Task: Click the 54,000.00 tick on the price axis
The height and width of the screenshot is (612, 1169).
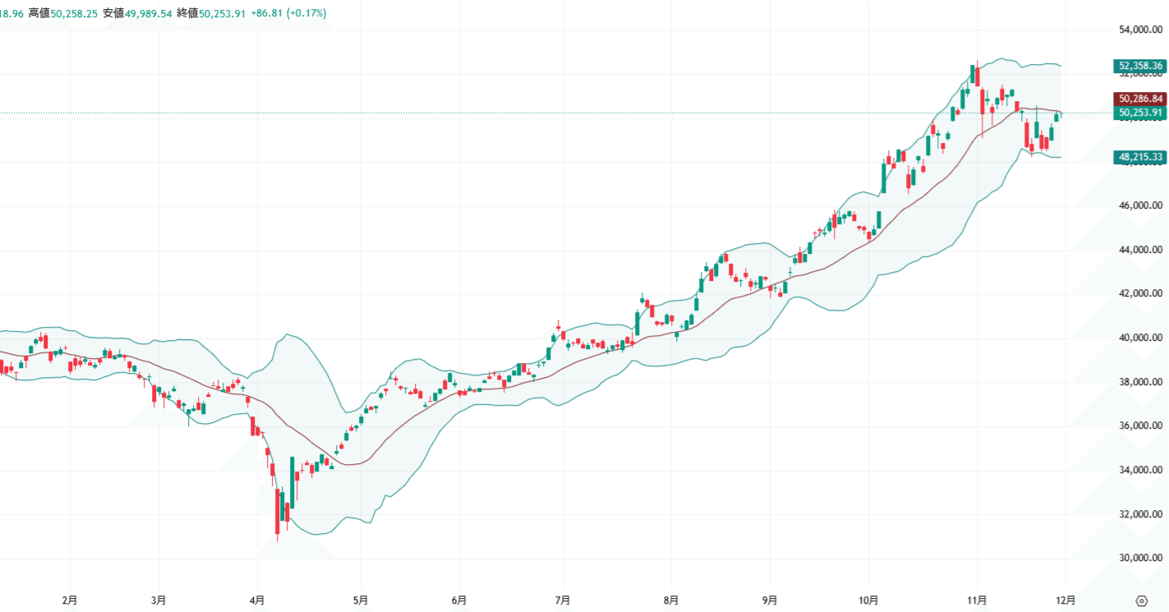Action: pyautogui.click(x=1140, y=30)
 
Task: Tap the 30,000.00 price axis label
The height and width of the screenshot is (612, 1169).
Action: pyautogui.click(x=1140, y=559)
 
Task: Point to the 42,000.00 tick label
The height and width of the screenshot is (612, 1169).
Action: pyautogui.click(x=1140, y=294)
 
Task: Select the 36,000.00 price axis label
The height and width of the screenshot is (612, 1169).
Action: pyautogui.click(x=1140, y=426)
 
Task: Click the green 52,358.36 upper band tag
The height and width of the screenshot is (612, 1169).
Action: pyautogui.click(x=1140, y=66)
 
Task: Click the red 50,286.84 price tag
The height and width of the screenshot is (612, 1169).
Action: pyautogui.click(x=1140, y=98)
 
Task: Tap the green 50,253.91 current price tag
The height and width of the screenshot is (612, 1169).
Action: pyautogui.click(x=1140, y=113)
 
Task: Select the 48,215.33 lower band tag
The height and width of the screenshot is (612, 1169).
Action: pyautogui.click(x=1140, y=156)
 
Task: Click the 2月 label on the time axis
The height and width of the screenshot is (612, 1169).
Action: pyautogui.click(x=70, y=600)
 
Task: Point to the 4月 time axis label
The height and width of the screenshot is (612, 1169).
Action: pyautogui.click(x=257, y=600)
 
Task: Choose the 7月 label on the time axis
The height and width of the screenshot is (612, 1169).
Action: pyautogui.click(x=563, y=600)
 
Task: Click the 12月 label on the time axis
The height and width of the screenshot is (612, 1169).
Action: pyautogui.click(x=1065, y=600)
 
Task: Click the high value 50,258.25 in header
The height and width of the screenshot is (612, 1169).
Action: pyautogui.click(x=75, y=13)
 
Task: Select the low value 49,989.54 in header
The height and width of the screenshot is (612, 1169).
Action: pyautogui.click(x=149, y=13)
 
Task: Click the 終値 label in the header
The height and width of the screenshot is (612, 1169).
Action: pyautogui.click(x=188, y=13)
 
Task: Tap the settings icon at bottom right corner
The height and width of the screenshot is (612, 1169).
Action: pyautogui.click(x=1141, y=600)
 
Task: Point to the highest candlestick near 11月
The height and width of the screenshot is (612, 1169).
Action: pyautogui.click(x=974, y=74)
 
